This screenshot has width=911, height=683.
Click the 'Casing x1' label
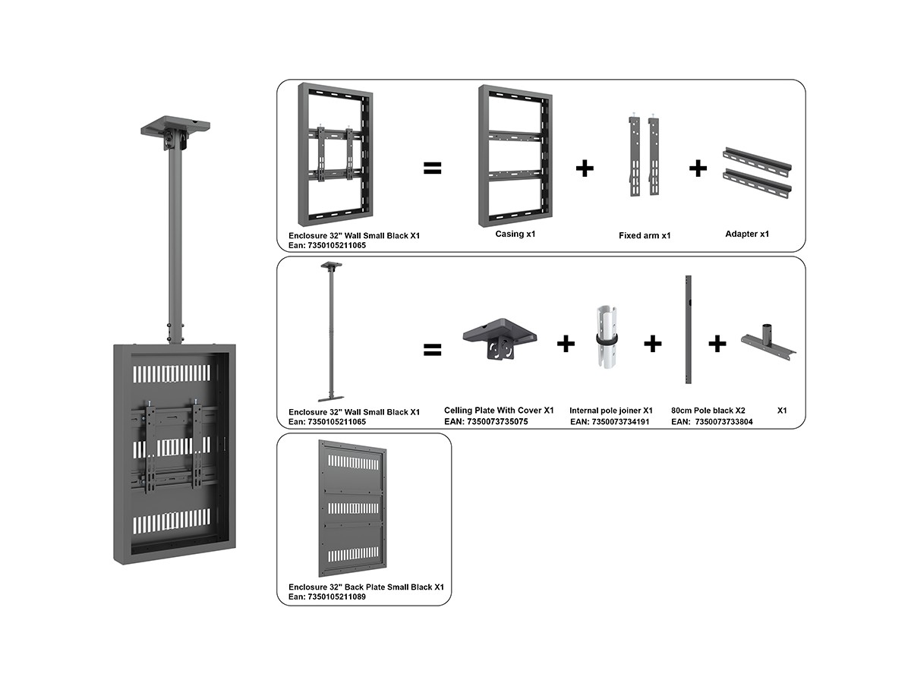pyautogui.click(x=515, y=234)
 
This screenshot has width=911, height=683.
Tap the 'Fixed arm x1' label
pyautogui.click(x=645, y=235)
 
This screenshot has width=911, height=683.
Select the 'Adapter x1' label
pyautogui.click(x=747, y=234)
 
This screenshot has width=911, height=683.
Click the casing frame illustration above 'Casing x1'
pyautogui.click(x=514, y=155)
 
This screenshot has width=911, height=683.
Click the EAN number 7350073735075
pyautogui.click(x=486, y=421)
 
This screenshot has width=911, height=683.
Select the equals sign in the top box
pyautogui.click(x=432, y=168)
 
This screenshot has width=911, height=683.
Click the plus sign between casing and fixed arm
pyautogui.click(x=584, y=168)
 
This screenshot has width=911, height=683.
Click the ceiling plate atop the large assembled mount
pyautogui.click(x=175, y=129)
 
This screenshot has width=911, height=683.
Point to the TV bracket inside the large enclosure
pyautogui.click(x=174, y=443)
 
